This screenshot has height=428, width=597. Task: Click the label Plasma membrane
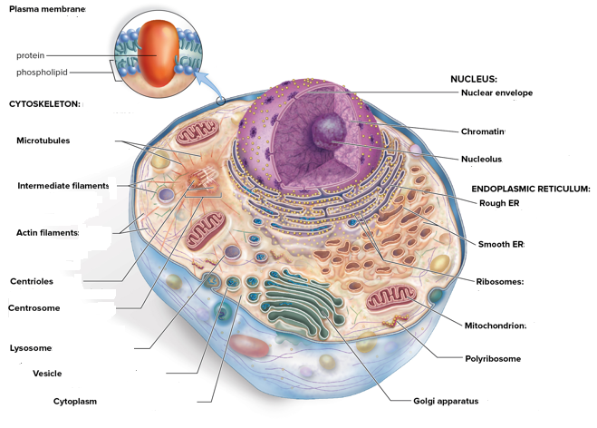(x=47, y=9)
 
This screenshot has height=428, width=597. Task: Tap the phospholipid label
(x=41, y=73)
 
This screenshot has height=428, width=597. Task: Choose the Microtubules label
(x=43, y=141)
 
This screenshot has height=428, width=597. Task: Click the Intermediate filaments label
(x=63, y=186)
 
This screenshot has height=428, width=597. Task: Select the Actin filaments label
(x=47, y=233)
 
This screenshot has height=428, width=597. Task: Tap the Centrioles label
(x=31, y=281)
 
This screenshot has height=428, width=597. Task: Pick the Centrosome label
(x=34, y=308)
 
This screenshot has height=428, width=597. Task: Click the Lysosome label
(x=30, y=348)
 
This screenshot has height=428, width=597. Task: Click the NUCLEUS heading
(x=474, y=79)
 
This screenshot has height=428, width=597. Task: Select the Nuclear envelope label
(x=496, y=92)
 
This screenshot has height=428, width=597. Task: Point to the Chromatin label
(x=483, y=131)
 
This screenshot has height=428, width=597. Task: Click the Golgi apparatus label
(x=445, y=401)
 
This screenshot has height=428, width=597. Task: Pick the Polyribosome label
(x=493, y=358)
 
